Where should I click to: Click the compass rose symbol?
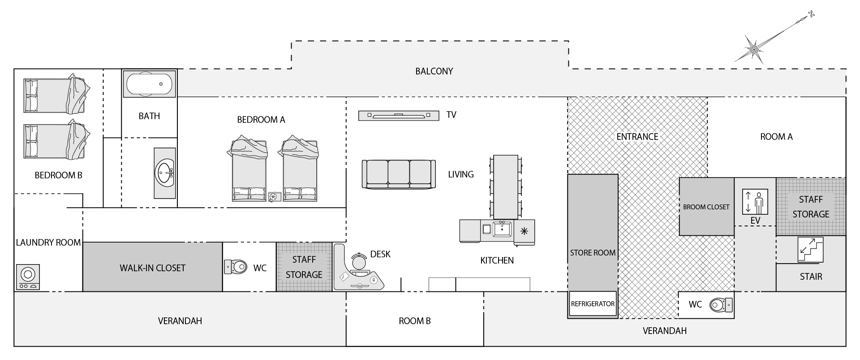tap(754, 48)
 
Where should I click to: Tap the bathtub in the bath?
tap(149, 84)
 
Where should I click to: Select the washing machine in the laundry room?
tap(28, 277)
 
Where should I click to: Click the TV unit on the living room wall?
tap(399, 116)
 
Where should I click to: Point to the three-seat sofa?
tap(399, 174)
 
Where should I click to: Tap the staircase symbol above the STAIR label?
tap(811, 249)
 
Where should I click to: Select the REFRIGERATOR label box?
tap(593, 304)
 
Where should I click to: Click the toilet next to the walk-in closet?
tap(236, 267)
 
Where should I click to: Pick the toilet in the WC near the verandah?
tap(721, 305)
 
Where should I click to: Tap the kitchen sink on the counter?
tap(503, 230)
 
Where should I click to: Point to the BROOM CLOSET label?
tap(706, 207)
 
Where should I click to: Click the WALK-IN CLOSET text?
tap(152, 268)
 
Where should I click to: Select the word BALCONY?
tap(434, 71)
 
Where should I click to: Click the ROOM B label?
tap(415, 321)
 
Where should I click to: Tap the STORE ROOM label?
tap(593, 253)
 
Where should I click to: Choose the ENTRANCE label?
tap(637, 137)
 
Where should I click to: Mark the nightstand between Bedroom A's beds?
tap(274, 196)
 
